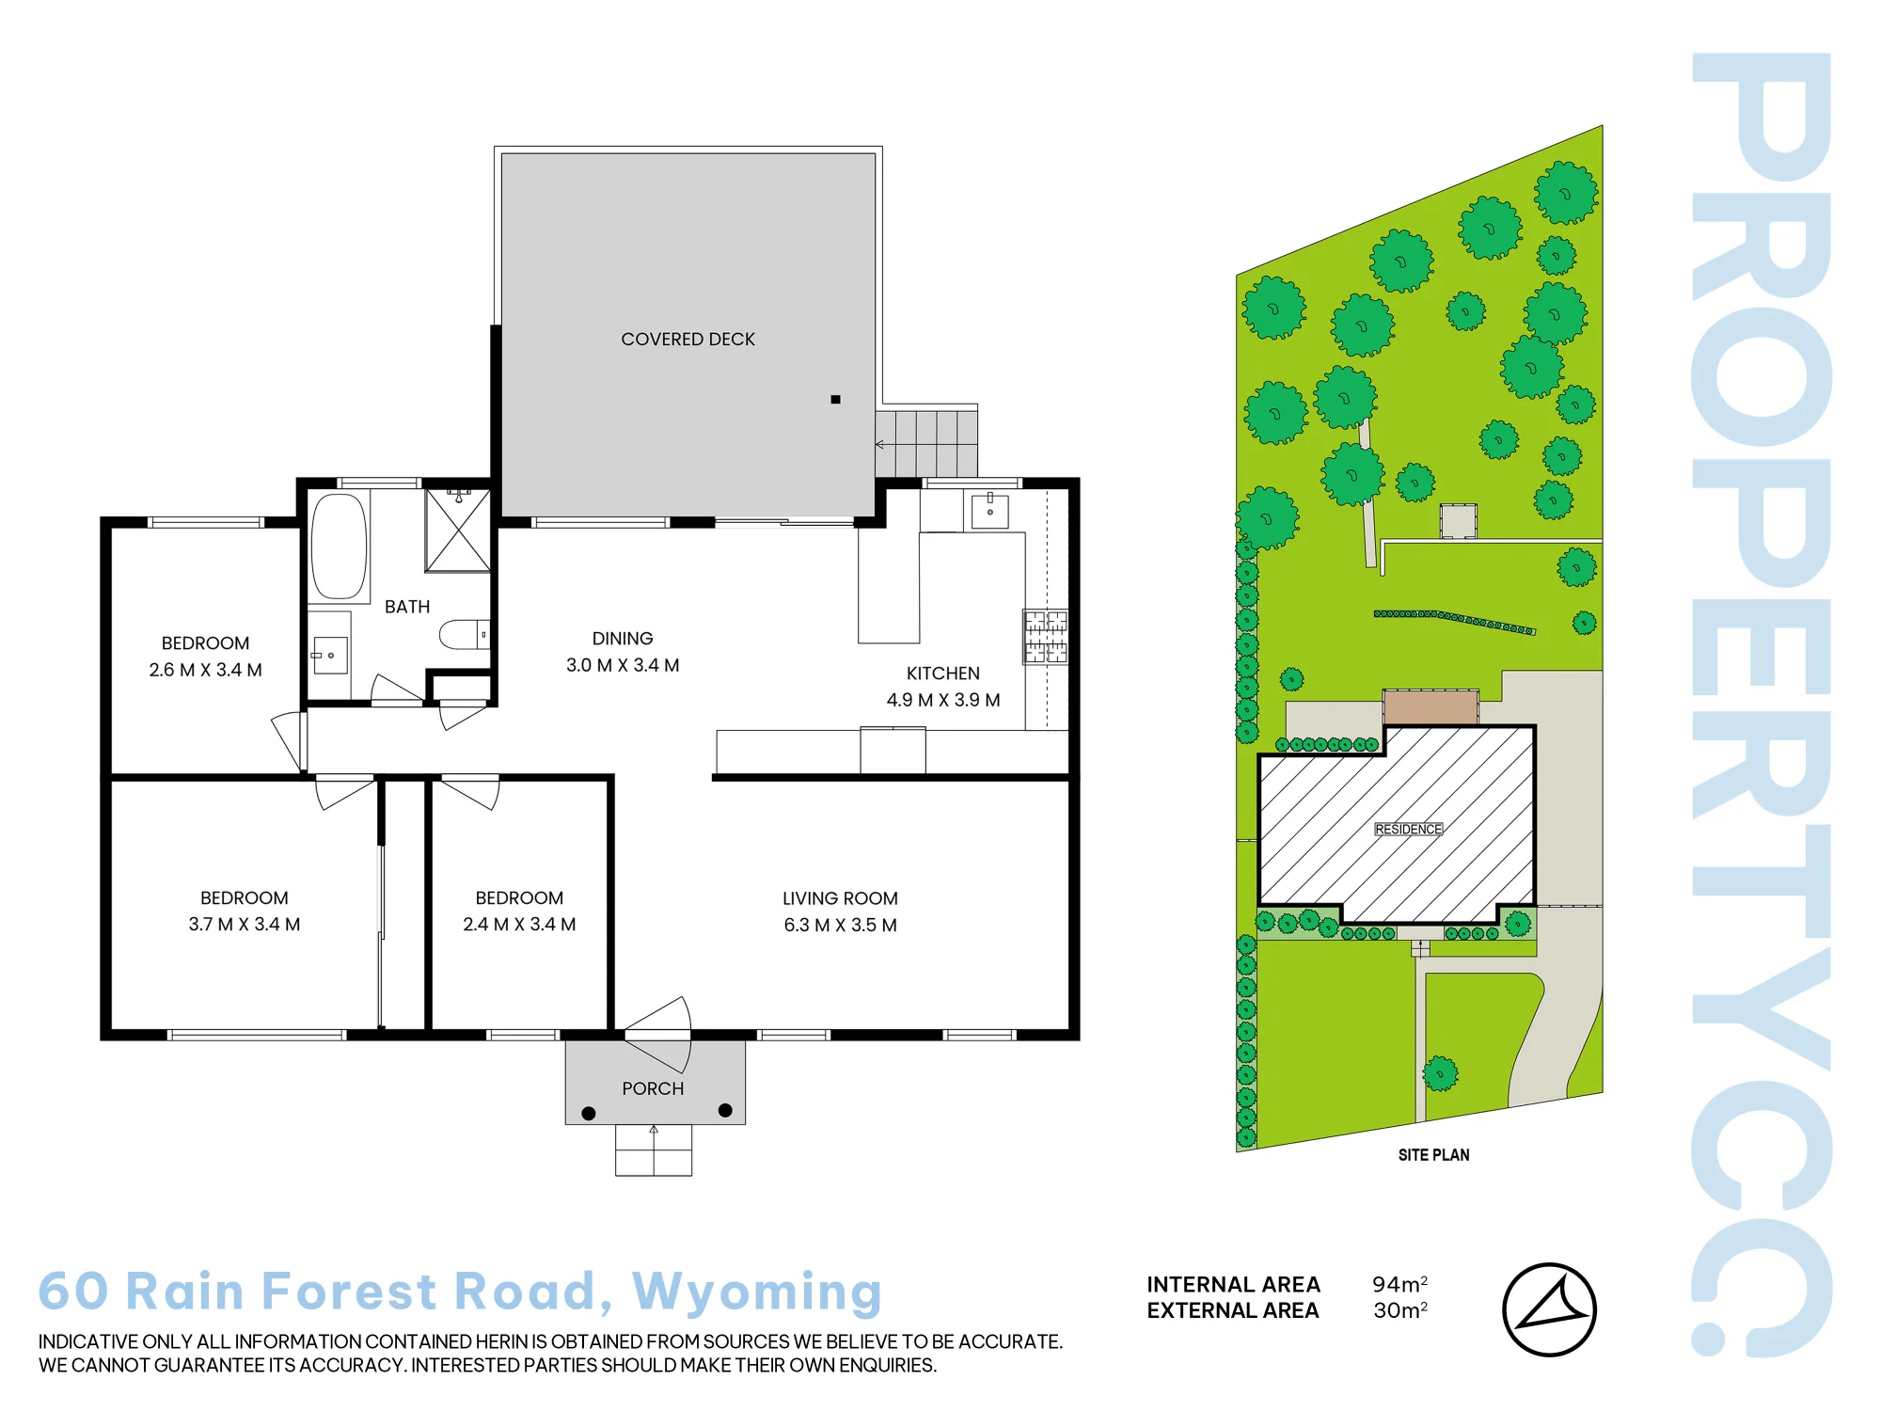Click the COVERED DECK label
pos(688,339)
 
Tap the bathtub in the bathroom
pos(339,546)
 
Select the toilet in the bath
pos(464,635)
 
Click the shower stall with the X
pos(457,530)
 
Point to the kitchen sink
pos(989,511)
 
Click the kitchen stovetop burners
pos(1046,637)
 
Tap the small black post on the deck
pos(835,400)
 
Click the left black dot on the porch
pos(589,1113)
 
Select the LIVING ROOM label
pos(840,898)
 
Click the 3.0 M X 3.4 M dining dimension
pos(623,665)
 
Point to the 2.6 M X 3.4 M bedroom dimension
pos(205,670)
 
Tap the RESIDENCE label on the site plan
pos(1408,829)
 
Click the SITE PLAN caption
pos(1433,1155)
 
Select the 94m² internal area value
pos(1399,1284)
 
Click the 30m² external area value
pos(1400,1310)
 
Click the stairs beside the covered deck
pos(926,443)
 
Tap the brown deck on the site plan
pos(1431,707)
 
